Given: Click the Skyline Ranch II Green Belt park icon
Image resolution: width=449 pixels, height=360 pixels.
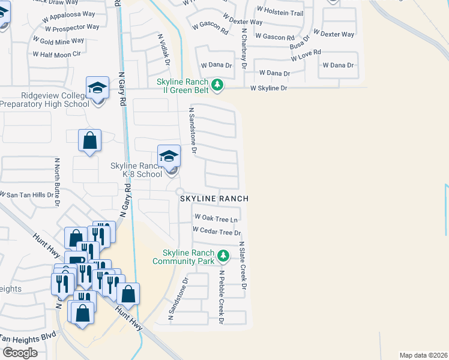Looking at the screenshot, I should coord(217,86).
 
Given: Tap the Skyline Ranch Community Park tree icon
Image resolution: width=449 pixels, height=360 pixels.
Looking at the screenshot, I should coord(223,256).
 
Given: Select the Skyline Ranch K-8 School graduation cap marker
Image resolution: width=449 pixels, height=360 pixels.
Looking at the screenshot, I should coord(169,157).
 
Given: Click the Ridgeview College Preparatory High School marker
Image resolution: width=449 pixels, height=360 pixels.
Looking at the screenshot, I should coord(97,88).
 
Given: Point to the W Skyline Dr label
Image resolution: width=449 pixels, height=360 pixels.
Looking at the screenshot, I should coord(268,88).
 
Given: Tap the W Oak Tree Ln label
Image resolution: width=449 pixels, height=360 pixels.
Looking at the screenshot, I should coord(216,218).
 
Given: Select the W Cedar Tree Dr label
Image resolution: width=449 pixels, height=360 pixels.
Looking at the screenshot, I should coord(217,232).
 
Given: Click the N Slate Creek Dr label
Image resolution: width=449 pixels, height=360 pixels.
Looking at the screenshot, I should coord(243,266).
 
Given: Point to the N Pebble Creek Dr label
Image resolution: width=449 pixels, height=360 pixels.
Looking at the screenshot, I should coord(221,298).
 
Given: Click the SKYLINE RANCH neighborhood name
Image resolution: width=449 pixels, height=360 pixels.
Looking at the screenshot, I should coord(213,198).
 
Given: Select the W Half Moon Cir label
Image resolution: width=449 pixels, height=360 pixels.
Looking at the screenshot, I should coord(56,54).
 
